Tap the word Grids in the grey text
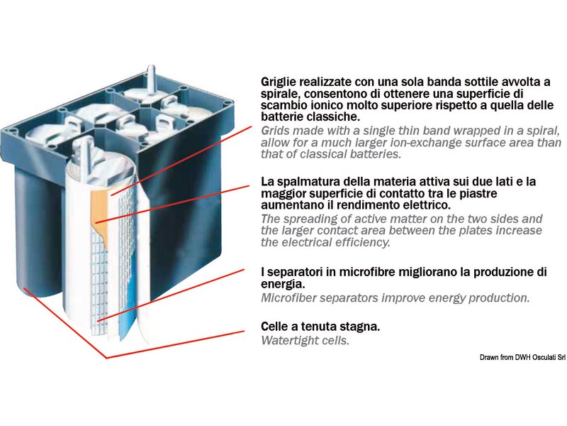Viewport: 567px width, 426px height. tap(276, 131)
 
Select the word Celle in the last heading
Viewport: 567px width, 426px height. tap(276, 327)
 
